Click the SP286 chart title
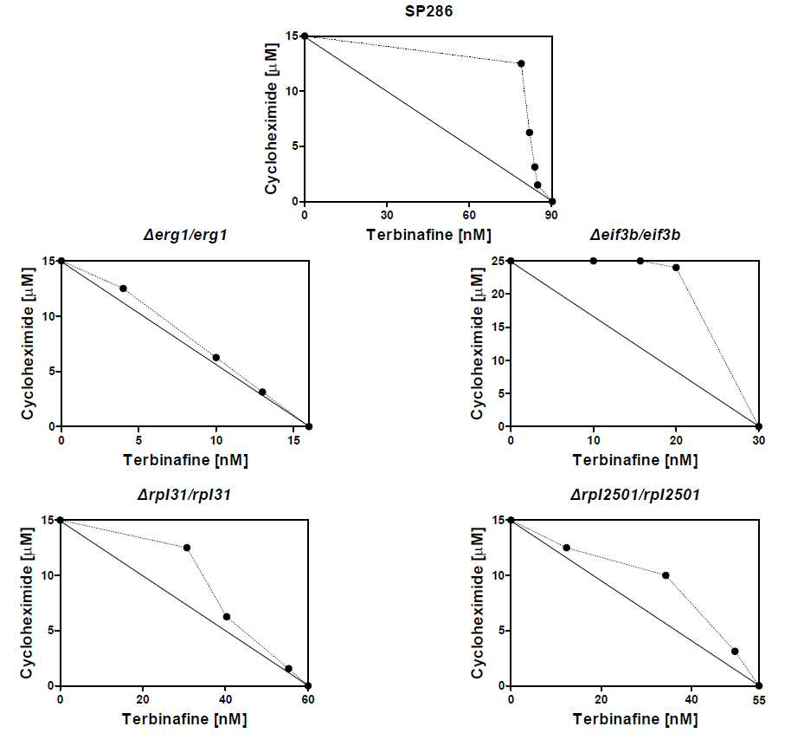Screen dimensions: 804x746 coord(428,11)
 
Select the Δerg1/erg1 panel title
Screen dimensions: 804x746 coord(185,235)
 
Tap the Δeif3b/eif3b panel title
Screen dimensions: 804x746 coord(634,235)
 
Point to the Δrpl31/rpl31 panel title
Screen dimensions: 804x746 coord(184,495)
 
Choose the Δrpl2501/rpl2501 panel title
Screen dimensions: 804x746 coord(634,495)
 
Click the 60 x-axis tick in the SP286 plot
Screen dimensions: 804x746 coord(469,215)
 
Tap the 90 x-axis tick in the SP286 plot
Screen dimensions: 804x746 coord(551,215)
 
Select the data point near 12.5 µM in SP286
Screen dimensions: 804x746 coord(521,63)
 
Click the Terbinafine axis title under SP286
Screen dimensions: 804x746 coord(428,235)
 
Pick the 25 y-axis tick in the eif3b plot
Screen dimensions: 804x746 coord(497,261)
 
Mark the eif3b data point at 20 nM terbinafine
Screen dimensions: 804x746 coord(676,268)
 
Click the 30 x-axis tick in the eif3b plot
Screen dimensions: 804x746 coord(758,440)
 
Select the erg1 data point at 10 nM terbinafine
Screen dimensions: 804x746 coord(215,357)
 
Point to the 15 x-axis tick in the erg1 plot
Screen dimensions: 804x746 coord(293,440)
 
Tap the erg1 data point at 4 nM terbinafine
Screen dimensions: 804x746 coord(123,289)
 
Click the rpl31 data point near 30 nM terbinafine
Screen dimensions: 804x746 coord(187,548)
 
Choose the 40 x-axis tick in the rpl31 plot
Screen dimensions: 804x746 coord(225,699)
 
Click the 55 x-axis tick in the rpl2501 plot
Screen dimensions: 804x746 coord(759,700)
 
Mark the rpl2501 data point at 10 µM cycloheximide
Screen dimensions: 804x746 coord(666,575)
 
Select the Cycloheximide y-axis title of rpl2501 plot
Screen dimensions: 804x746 coord(477,603)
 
